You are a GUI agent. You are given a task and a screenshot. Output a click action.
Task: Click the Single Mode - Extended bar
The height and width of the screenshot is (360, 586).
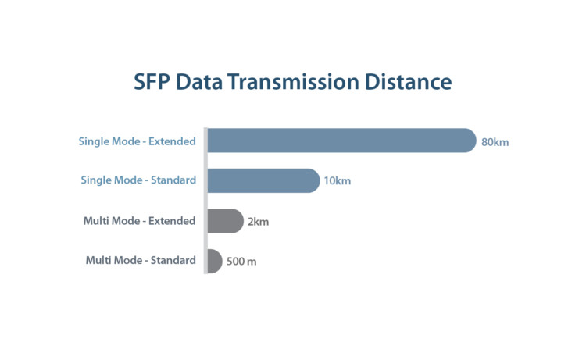point(342,141)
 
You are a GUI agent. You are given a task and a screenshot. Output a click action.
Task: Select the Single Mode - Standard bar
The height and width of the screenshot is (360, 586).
point(264,180)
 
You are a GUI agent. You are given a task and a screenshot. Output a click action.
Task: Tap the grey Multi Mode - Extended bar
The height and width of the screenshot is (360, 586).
point(226,221)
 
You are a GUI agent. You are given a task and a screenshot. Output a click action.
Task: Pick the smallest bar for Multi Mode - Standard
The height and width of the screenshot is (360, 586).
point(215,261)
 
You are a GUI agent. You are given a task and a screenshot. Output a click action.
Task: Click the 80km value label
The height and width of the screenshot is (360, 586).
point(495,142)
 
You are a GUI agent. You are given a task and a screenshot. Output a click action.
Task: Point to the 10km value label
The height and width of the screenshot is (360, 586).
point(337,181)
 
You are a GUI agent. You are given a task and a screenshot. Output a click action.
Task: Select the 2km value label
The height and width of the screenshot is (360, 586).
point(259,222)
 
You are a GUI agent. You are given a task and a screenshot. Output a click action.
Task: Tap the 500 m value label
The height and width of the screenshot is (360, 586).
point(241,262)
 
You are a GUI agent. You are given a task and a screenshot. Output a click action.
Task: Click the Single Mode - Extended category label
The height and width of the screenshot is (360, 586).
point(138,141)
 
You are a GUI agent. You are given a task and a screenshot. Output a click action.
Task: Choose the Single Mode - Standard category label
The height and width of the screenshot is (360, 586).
point(138,180)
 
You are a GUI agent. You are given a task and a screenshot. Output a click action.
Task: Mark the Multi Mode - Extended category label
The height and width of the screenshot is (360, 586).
point(139,221)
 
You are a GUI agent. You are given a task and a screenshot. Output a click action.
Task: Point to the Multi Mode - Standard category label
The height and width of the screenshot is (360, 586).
point(141,260)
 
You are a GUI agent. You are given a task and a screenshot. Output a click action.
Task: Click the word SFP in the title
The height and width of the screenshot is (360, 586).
point(152,82)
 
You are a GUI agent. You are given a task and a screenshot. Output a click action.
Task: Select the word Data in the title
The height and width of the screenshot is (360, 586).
point(199,82)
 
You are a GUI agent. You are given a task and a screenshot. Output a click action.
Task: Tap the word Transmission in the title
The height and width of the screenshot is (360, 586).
point(293,82)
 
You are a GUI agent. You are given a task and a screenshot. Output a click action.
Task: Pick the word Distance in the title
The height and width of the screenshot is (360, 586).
point(408,82)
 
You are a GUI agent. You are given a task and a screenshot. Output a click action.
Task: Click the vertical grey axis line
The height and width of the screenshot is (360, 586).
point(205,201)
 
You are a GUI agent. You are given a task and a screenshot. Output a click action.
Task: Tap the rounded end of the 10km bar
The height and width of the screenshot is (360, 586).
point(315,180)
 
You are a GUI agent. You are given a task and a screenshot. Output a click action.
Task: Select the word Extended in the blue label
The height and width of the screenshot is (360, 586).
point(172,141)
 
